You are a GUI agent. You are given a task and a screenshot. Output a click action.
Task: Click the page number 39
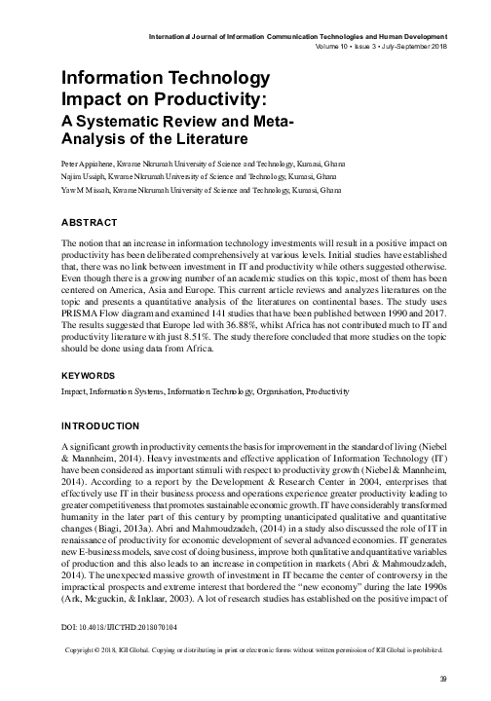[x=443, y=679]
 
